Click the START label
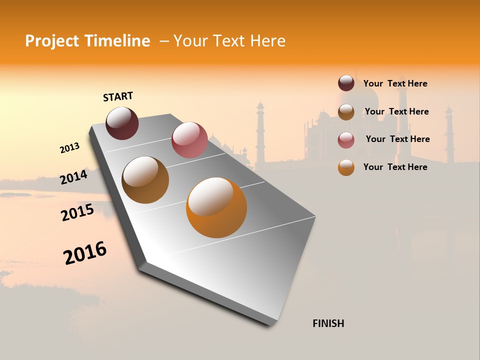tap(118, 96)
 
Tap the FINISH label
tap(328, 323)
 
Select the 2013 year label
tap(69, 148)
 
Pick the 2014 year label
tap(73, 177)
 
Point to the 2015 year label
tap(77, 212)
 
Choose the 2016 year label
tap(85, 253)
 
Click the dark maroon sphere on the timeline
tap(122, 123)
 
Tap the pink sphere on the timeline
tap(189, 140)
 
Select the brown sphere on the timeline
tap(145, 180)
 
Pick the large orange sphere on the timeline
tap(216, 207)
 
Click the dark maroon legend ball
tap(346, 83)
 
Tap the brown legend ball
tap(346, 112)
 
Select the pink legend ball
tap(346, 140)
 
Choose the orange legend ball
tap(346, 167)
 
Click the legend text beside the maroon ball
tap(395, 84)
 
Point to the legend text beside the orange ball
tap(395, 167)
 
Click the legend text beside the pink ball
tap(397, 139)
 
